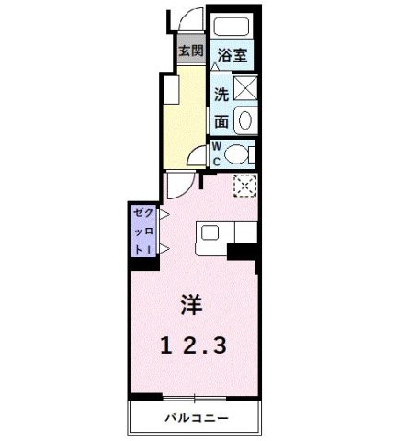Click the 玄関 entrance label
click(190, 51)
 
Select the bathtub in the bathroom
click(232, 26)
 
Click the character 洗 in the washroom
click(221, 93)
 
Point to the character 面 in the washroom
click(221, 120)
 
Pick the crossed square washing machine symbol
click(246, 90)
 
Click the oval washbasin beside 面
click(246, 119)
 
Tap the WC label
click(218, 153)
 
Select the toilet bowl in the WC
click(238, 154)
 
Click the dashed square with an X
click(244, 187)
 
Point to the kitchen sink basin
click(208, 234)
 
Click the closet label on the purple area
click(142, 230)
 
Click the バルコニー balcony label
click(197, 419)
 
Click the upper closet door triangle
click(162, 214)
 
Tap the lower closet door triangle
click(162, 249)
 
